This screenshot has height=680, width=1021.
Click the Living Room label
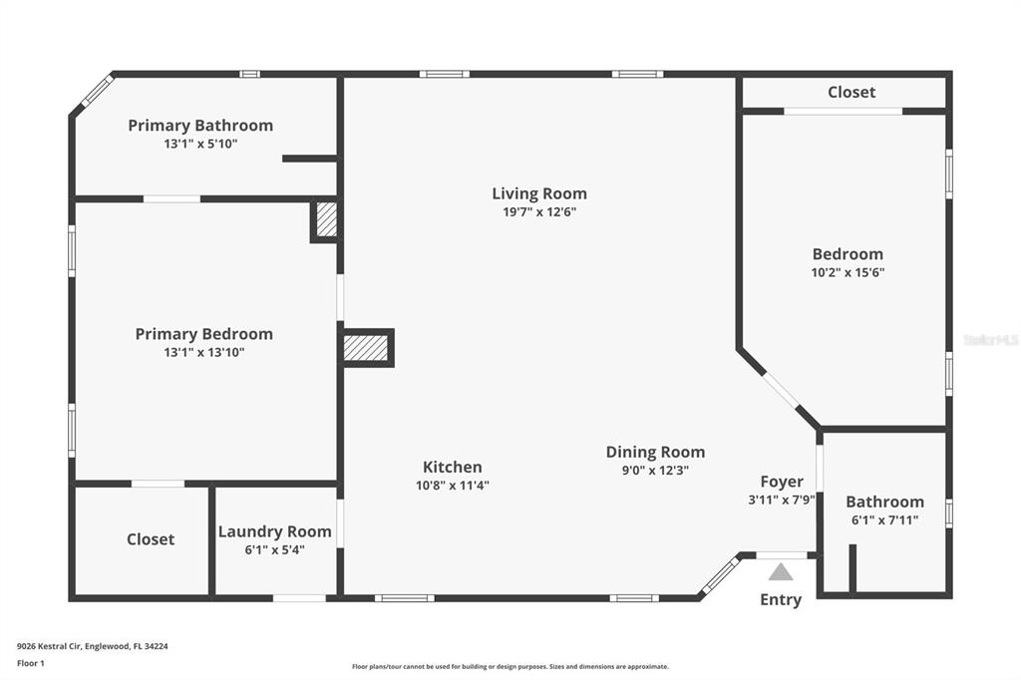[x=539, y=193]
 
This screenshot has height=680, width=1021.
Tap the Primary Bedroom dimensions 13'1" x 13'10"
[x=203, y=352]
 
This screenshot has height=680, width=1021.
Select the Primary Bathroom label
[x=200, y=125]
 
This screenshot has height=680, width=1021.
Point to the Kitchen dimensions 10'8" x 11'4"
[x=453, y=486]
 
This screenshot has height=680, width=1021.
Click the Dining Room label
[x=655, y=452]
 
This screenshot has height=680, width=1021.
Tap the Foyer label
[x=782, y=482]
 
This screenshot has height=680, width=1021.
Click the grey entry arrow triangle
[x=781, y=572]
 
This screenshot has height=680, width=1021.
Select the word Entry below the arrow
[x=781, y=600]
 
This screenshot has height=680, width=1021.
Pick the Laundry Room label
[x=275, y=531]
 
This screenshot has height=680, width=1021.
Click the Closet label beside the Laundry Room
[x=151, y=539]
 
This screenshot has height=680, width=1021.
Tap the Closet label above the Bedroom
[x=851, y=93]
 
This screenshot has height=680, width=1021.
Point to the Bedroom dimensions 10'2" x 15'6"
[x=848, y=272]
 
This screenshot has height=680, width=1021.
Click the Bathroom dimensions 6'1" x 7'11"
[x=885, y=519]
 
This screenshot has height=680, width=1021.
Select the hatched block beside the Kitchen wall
[x=366, y=348]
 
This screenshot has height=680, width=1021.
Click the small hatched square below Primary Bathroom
[x=326, y=219]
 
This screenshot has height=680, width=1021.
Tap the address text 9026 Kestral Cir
[x=50, y=647]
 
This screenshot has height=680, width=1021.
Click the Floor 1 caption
[x=31, y=663]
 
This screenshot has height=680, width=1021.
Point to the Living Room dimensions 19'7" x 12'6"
[x=539, y=211]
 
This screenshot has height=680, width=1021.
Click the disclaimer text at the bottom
[x=510, y=666]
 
